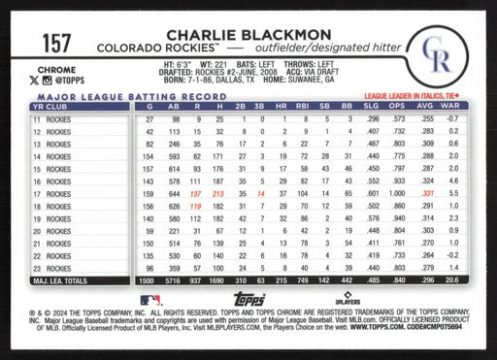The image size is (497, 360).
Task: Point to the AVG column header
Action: pos(424,106)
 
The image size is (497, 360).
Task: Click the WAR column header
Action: pos(451,106)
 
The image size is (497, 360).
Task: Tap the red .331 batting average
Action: pos(425,193)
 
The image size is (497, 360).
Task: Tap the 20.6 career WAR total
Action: pos(451,280)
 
